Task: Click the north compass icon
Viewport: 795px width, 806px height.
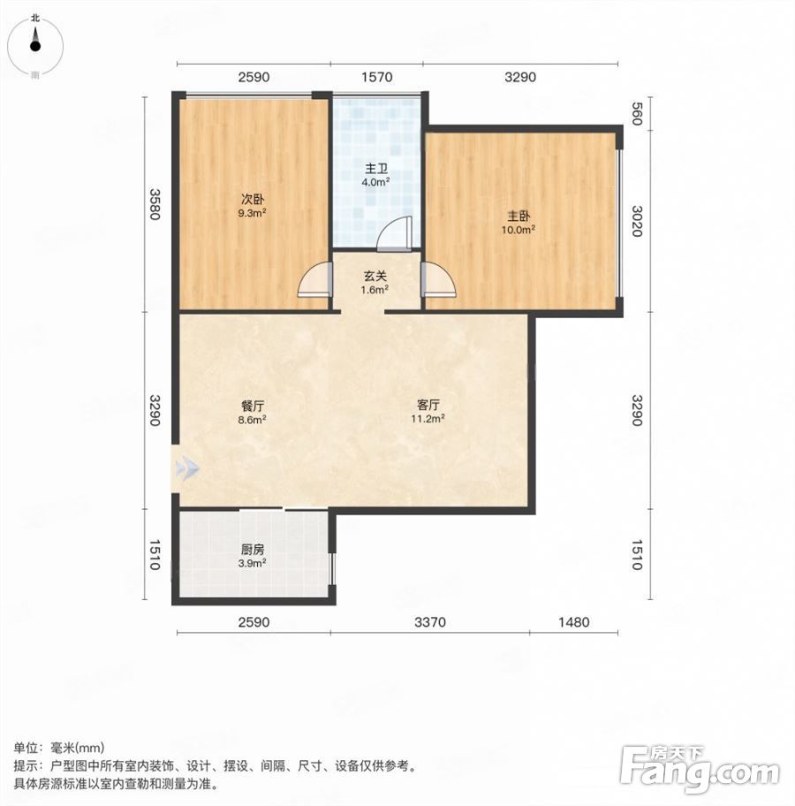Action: tap(35, 46)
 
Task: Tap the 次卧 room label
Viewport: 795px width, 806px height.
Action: tap(252, 199)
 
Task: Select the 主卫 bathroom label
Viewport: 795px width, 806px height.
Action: tap(376, 169)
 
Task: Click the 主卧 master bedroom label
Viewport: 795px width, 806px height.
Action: tap(519, 216)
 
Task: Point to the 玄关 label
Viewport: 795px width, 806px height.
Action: tap(375, 276)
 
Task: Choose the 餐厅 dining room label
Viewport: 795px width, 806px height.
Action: tap(253, 406)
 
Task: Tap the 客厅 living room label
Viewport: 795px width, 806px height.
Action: tap(428, 405)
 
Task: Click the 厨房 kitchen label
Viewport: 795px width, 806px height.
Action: tap(253, 550)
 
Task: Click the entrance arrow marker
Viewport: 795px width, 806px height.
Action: tap(186, 468)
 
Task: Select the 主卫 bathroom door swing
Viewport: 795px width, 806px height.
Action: tap(395, 234)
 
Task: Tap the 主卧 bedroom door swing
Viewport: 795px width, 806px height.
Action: tap(438, 279)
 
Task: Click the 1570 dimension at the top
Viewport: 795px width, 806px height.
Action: tap(376, 77)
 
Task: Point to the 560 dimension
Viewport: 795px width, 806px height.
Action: tap(637, 114)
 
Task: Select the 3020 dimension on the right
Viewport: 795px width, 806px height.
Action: tap(637, 221)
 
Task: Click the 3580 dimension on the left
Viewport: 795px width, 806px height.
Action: tap(155, 204)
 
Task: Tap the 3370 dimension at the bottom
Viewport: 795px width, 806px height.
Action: tap(430, 622)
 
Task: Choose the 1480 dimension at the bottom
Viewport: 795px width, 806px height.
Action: tap(573, 622)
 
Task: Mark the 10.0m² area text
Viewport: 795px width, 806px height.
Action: tap(519, 230)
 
